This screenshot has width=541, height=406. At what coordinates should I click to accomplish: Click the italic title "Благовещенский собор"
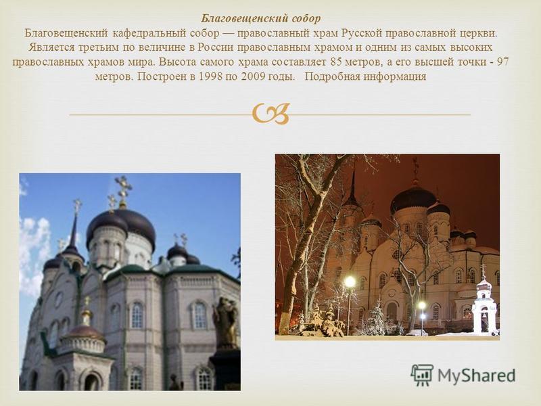click(261, 19)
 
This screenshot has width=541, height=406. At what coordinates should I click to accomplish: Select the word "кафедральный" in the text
click(149, 33)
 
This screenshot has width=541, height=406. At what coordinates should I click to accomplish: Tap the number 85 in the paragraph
click(336, 62)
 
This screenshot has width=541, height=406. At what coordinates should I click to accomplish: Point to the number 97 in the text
click(502, 62)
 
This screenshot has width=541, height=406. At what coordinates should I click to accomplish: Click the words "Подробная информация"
click(366, 76)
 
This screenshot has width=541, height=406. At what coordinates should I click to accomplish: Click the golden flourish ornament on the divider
click(271, 114)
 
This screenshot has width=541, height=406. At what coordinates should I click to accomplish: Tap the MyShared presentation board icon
click(422, 375)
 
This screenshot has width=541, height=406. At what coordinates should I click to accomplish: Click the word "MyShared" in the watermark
click(477, 376)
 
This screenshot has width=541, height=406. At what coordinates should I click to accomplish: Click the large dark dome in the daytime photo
click(122, 227)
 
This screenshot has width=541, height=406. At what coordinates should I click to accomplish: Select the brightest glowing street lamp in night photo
click(350, 281)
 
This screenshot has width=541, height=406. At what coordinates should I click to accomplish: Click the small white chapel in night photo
click(484, 306)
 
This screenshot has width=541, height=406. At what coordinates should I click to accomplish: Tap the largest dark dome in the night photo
click(413, 200)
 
